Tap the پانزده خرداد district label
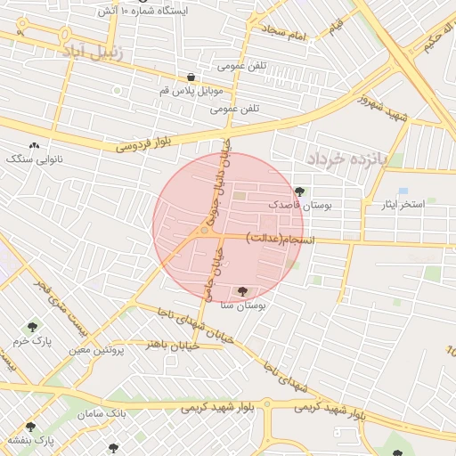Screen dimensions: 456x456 pyautogui.click(x=348, y=159)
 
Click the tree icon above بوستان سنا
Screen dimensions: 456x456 pyautogui.click(x=242, y=291)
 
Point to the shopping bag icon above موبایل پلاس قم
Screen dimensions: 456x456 pyautogui.click(x=191, y=77)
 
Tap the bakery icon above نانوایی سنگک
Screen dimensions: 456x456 pyautogui.click(x=35, y=144)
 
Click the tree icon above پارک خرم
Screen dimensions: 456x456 pyautogui.click(x=33, y=327)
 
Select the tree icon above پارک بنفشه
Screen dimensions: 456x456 pyautogui.click(x=31, y=427)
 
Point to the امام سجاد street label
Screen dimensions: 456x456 pyautogui.click(x=284, y=33)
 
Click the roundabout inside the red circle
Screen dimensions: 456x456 pyautogui.click(x=205, y=232)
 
